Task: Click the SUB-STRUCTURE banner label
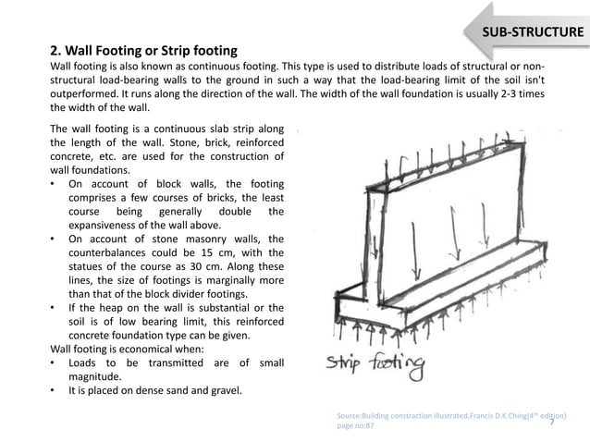click(535, 35)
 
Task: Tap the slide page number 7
click(551, 422)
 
